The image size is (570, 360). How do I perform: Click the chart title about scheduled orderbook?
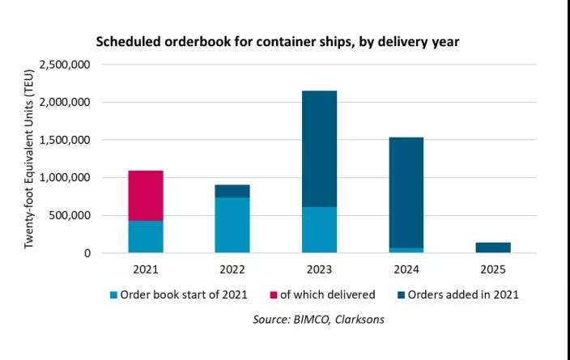278,41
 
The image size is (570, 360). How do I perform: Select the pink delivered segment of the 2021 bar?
146,195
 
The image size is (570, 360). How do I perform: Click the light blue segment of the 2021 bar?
146,237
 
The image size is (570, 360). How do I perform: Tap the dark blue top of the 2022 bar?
232,191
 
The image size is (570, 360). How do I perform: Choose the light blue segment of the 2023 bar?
319,230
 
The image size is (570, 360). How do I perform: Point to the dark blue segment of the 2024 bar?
406,192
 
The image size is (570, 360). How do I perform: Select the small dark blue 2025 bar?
492,248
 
